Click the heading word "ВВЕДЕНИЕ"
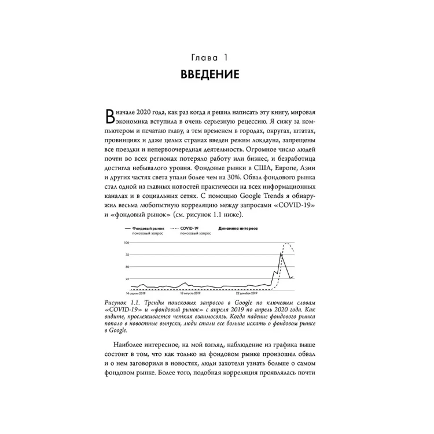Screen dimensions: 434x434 click(x=216, y=75)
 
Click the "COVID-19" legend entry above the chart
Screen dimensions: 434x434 click(x=190, y=229)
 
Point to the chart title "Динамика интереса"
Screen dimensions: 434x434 click(x=238, y=229)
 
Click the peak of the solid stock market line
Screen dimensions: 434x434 click(x=281, y=253)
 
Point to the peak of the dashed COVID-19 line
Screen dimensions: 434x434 click(x=288, y=243)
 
